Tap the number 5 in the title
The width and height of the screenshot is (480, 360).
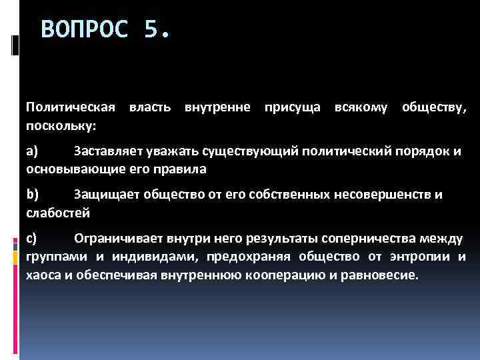pyautogui.click(x=153, y=30)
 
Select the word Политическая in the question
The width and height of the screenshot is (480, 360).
pyautogui.click(x=71, y=107)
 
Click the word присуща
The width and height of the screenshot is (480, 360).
pyautogui.click(x=291, y=107)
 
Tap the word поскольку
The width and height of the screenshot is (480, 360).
pyautogui.click(x=61, y=125)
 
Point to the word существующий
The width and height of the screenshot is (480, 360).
pyautogui.click(x=253, y=151)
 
